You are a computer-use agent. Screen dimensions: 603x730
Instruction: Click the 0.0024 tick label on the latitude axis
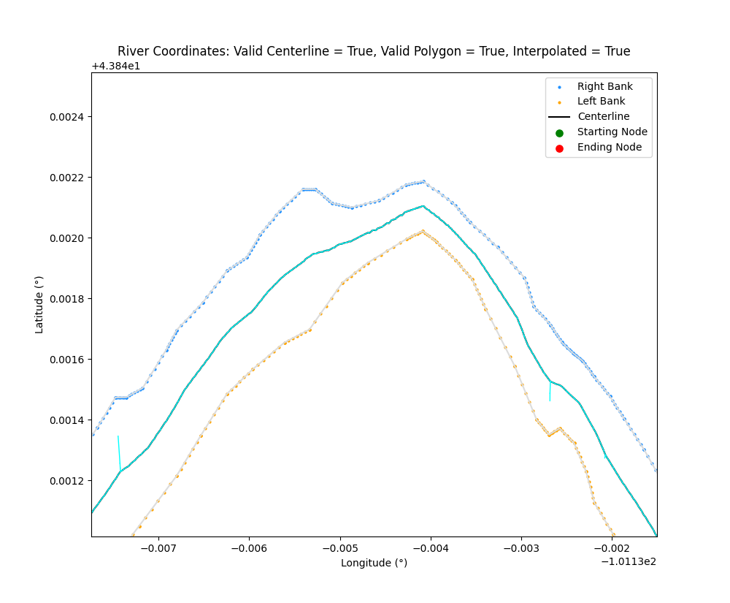pos(68,117)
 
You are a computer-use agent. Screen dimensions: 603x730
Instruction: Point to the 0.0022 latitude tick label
pos(68,178)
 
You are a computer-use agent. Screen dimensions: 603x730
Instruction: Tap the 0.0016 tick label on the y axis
pos(68,360)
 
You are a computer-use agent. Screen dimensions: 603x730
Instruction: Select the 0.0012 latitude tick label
pos(68,481)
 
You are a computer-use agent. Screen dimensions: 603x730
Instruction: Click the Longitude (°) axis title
pos(374,563)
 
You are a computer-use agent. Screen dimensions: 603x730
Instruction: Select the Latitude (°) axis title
pos(39,304)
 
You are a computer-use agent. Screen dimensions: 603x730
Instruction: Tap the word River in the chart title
pos(132,51)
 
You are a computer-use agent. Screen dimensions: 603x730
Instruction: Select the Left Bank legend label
pos(601,102)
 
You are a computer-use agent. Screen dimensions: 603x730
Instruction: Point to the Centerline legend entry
pos(603,116)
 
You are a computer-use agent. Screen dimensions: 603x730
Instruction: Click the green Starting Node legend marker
pos(559,132)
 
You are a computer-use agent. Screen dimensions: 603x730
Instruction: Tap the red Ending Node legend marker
pos(559,148)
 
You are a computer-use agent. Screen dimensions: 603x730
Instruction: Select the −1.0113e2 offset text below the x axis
pos(627,561)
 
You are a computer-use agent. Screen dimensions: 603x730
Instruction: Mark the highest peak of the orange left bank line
pos(423,231)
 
